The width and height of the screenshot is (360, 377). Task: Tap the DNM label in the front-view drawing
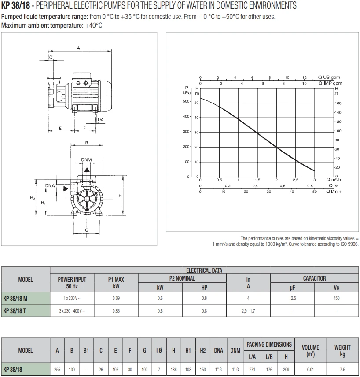[87, 160]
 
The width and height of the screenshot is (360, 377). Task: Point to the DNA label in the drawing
[50, 186]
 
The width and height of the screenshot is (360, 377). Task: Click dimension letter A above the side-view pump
[78, 48]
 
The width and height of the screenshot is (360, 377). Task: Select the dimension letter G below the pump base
[87, 230]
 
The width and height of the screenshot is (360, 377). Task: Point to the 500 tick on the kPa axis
[187, 101]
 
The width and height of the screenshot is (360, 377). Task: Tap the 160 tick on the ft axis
[338, 103]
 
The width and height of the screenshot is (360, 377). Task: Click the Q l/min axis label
[333, 192]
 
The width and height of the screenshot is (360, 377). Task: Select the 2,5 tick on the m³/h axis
[295, 180]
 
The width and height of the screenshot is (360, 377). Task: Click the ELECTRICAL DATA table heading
[204, 270]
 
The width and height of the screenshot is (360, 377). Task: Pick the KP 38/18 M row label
[15, 298]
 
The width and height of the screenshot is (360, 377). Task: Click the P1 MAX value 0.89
[116, 298]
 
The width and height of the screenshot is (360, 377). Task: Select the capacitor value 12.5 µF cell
[292, 298]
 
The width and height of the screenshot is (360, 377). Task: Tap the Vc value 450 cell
[336, 298]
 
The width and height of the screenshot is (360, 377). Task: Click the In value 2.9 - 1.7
[248, 311]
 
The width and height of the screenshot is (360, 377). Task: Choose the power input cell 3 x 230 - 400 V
[72, 311]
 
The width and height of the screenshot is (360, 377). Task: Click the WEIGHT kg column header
[342, 351]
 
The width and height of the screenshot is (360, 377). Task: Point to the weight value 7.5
[342, 370]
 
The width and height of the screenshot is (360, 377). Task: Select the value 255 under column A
[57, 370]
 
